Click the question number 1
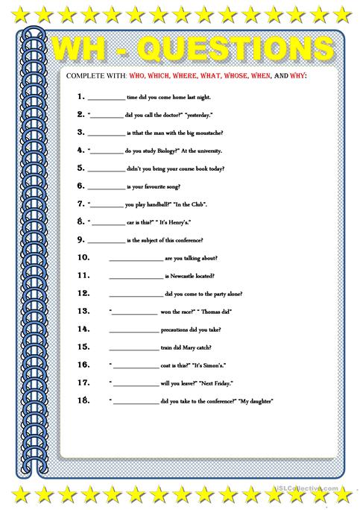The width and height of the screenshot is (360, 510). [x=79, y=98]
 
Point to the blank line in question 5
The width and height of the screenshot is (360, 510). [x=107, y=170]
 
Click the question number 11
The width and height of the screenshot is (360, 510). [x=83, y=275]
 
